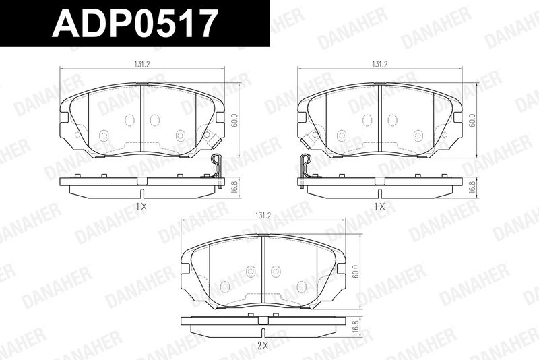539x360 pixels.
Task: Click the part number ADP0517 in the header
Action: [135, 23]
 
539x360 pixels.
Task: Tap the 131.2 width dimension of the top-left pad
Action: [142, 64]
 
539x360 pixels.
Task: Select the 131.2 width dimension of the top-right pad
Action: [379, 64]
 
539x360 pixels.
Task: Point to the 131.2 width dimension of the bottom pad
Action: [263, 216]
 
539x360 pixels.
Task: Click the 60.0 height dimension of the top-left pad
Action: [234, 121]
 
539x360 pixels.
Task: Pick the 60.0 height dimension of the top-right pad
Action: [472, 121]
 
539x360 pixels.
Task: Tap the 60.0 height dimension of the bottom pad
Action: [356, 272]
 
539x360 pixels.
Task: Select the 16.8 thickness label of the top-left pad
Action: [235, 188]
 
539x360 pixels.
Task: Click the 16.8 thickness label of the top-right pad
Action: [473, 188]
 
